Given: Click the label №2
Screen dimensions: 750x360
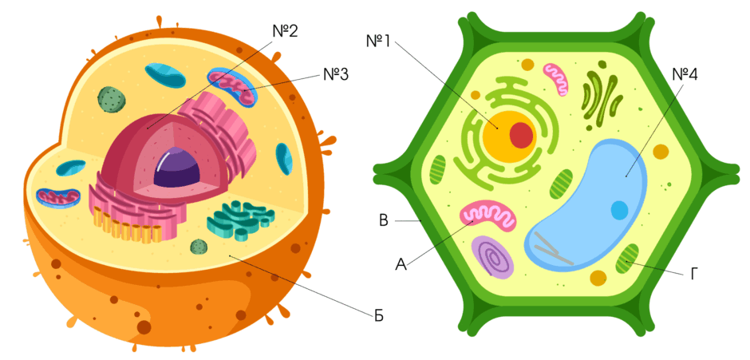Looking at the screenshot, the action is tap(285, 32).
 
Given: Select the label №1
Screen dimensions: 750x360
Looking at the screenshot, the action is tap(378, 42).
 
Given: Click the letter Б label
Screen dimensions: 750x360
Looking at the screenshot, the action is tap(379, 316).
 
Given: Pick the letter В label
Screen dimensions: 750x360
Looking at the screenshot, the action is tap(383, 220).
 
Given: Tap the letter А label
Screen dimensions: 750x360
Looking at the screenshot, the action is tap(401, 263).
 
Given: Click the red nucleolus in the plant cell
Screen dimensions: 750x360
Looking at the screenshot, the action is tap(521, 135).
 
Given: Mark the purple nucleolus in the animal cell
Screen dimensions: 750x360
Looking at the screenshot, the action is tap(176, 168).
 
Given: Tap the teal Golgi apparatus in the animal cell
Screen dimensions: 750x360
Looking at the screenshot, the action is tap(241, 220).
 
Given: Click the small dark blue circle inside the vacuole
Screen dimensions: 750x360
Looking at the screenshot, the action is tap(619, 210).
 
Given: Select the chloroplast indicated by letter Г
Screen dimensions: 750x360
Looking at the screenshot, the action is tap(627, 259).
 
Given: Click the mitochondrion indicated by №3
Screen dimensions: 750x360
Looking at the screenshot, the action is tap(232, 88).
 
